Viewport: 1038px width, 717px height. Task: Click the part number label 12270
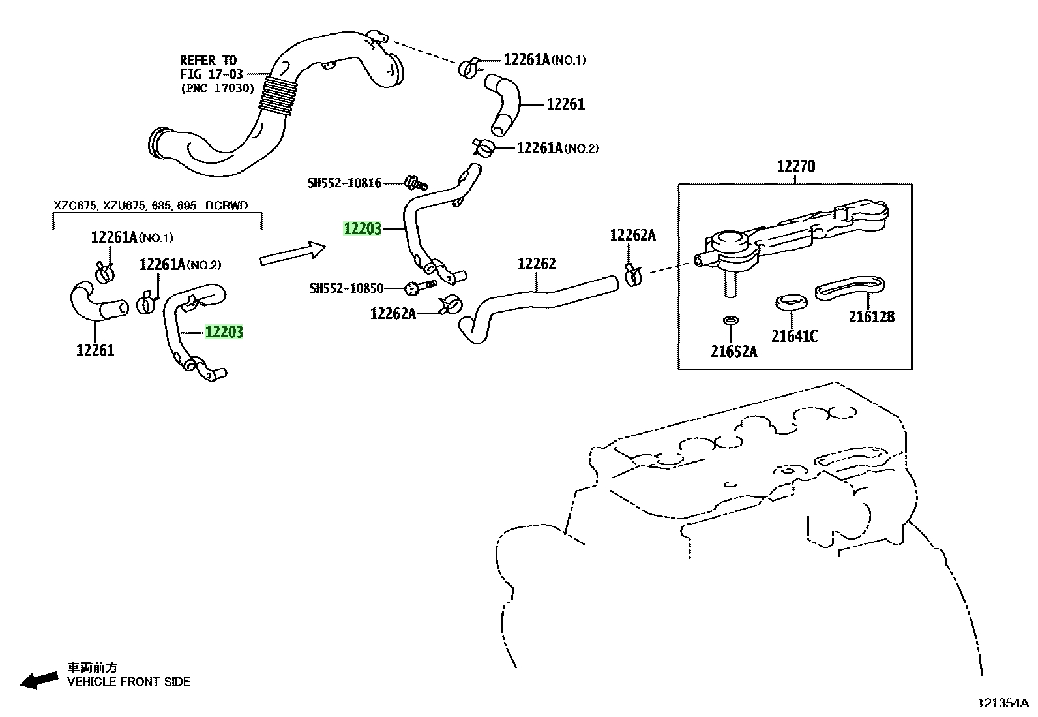point(795,166)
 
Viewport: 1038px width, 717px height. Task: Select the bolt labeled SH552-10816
point(416,183)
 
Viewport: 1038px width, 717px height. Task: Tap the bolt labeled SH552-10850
point(420,286)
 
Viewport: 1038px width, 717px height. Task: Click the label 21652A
point(734,352)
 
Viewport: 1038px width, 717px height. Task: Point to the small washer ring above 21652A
point(731,320)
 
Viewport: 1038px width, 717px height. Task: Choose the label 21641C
point(794,336)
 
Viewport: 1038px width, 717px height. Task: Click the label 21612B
point(872,317)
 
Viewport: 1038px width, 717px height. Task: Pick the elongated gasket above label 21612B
point(850,288)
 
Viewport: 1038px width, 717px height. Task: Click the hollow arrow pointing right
point(292,252)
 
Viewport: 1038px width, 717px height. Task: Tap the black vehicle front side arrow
point(39,680)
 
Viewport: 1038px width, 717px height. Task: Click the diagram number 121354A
point(1003,703)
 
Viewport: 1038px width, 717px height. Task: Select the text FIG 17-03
point(211,74)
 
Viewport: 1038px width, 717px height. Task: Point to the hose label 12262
point(537,264)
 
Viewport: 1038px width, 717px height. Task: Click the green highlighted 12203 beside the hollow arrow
point(363,228)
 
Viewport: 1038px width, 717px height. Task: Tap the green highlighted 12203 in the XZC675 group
point(224,332)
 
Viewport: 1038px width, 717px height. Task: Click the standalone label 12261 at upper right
point(566,104)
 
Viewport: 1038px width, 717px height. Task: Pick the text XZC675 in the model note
point(75,206)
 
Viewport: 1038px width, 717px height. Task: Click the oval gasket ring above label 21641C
point(791,301)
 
